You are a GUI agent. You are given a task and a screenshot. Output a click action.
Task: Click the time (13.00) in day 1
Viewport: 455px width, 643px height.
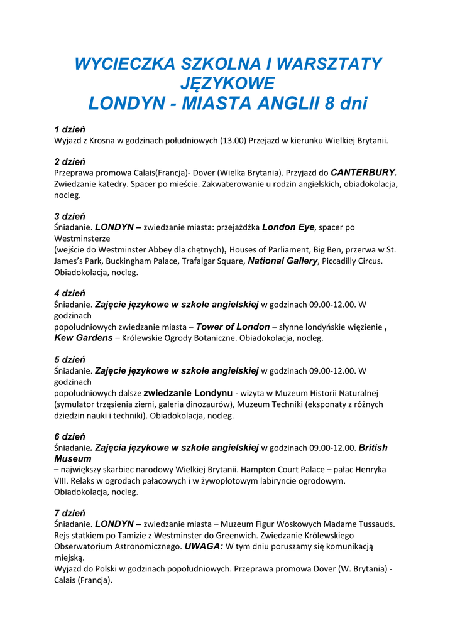pos(233,141)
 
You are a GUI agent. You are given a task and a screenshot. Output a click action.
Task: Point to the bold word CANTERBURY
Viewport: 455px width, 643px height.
pos(364,172)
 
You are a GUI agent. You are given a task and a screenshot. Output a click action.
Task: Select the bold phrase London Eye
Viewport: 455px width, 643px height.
pos(288,227)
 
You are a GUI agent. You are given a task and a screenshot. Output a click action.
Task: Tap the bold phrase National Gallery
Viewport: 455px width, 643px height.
pos(283,261)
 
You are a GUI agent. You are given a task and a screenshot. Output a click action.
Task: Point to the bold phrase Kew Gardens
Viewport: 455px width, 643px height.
pos(84,338)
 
